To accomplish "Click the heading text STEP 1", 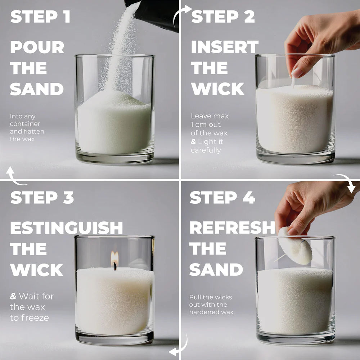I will point(40,17).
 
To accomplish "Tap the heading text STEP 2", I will point(223,17).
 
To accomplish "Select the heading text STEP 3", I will point(42,198).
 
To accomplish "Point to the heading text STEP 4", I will point(222,198).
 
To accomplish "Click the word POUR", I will point(37,47).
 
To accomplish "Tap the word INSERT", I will point(225,47).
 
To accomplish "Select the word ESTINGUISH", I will point(66,228).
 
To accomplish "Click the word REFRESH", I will point(232,228).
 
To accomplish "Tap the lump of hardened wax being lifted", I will point(295,247).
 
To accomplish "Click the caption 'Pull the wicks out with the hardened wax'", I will point(212,305).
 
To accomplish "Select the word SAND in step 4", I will point(216,270).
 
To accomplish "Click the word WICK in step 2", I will point(217,89).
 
